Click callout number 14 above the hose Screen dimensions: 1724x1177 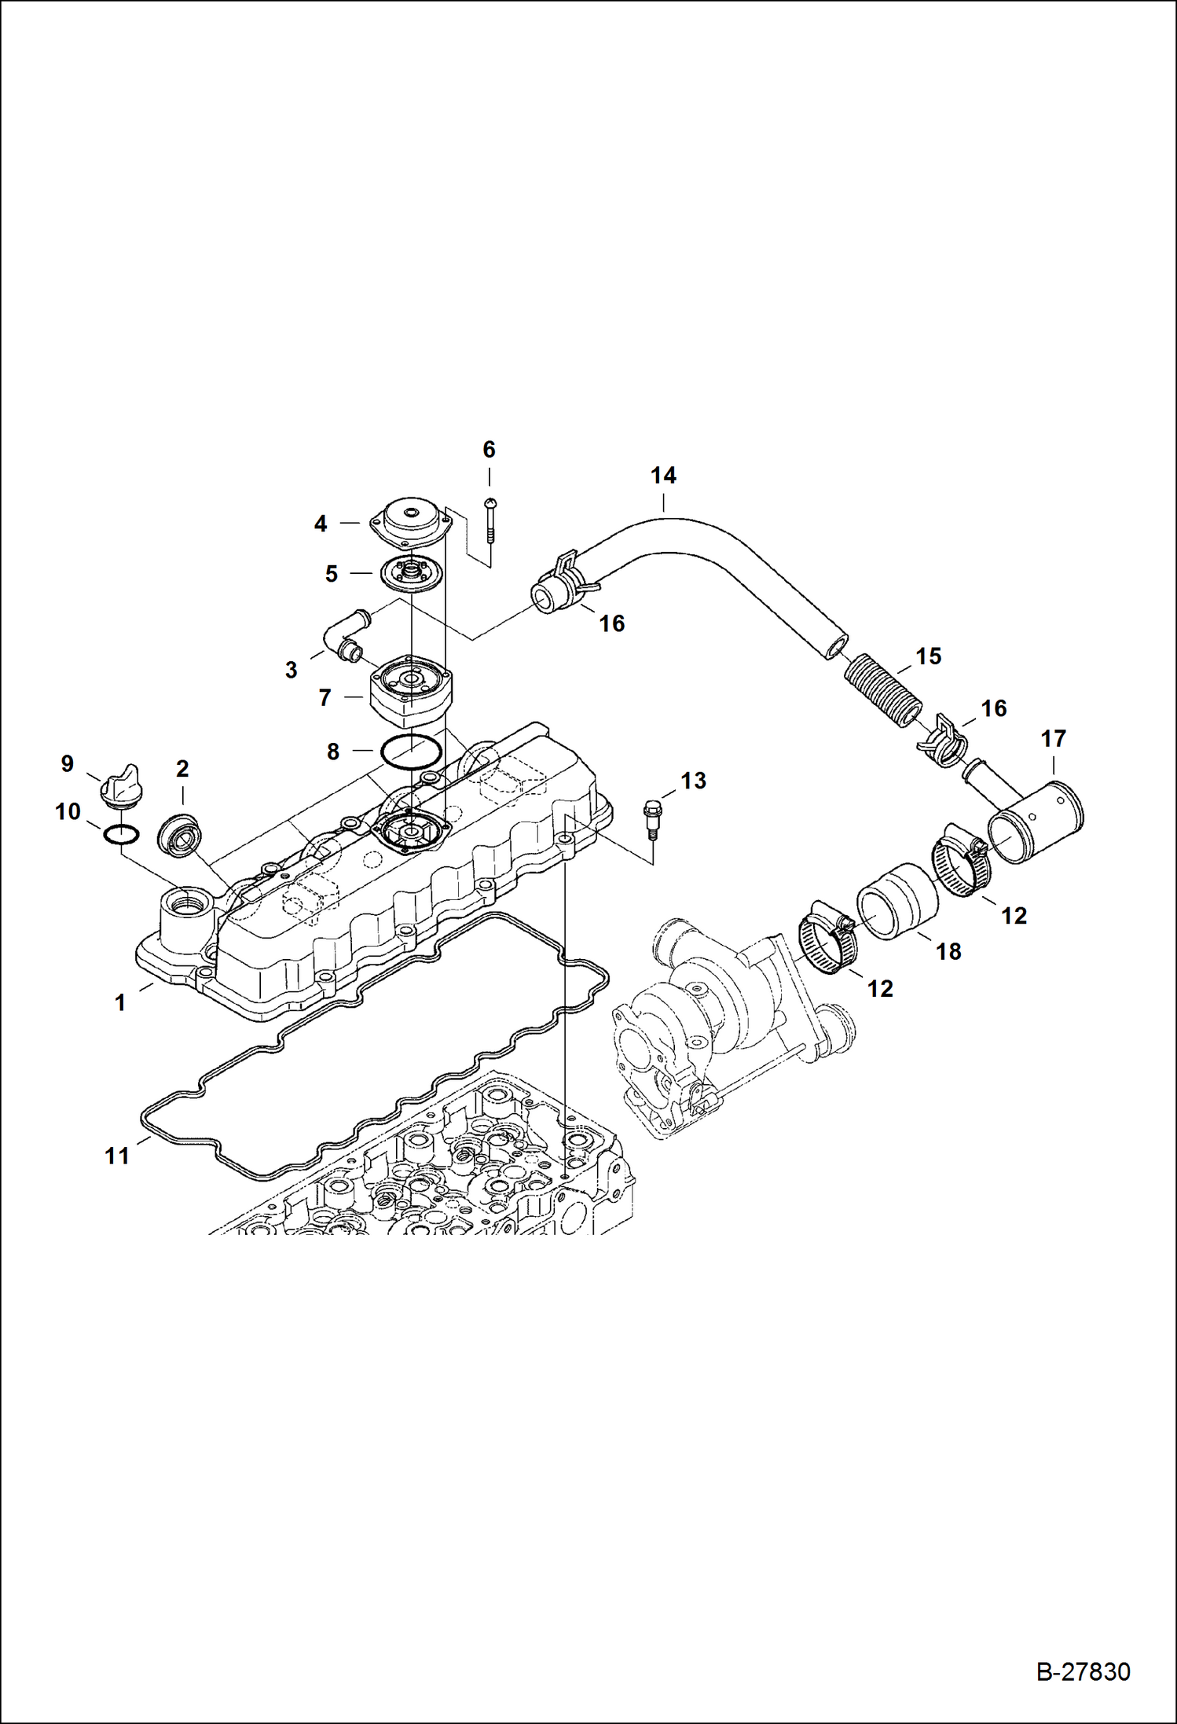point(663,476)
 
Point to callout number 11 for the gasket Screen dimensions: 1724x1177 point(117,1156)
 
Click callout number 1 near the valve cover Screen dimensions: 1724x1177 point(120,1003)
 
